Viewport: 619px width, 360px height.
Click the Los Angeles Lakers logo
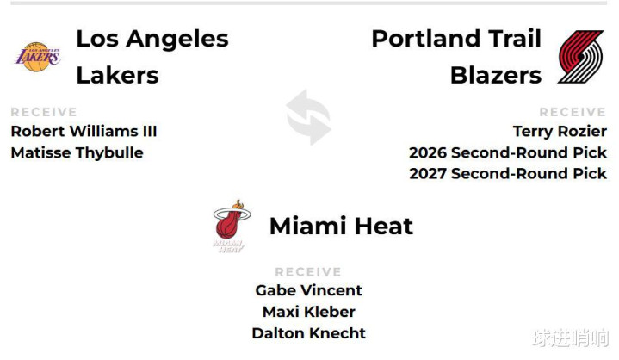click(x=38, y=57)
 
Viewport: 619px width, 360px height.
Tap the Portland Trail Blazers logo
click(x=581, y=57)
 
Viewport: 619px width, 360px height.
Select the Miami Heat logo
click(x=232, y=227)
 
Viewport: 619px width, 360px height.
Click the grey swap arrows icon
click(x=308, y=117)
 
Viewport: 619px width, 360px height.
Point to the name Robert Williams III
click(x=84, y=131)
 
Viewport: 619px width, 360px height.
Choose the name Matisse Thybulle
click(x=77, y=152)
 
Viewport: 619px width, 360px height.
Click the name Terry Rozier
click(x=560, y=132)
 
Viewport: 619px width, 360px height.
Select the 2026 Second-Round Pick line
click(x=508, y=152)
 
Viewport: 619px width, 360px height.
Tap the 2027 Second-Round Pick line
click(x=508, y=174)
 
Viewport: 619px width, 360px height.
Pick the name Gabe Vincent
click(x=309, y=290)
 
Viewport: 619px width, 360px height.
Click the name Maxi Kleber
click(x=309, y=312)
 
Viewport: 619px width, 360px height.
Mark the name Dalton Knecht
click(x=309, y=333)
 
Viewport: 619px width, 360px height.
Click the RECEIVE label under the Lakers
click(x=44, y=112)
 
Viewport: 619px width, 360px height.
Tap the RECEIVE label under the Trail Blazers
click(x=573, y=112)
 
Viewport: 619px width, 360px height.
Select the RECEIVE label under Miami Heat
click(x=308, y=272)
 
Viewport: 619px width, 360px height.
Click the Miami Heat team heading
click(x=341, y=227)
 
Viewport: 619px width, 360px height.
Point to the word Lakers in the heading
click(x=117, y=76)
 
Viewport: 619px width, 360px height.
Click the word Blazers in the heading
click(x=496, y=76)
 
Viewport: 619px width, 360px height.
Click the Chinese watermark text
click(x=571, y=338)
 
